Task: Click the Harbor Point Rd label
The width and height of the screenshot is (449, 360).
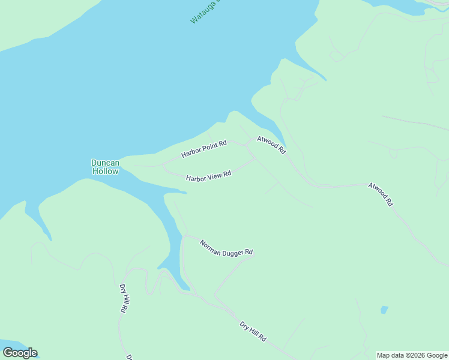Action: pos(204,149)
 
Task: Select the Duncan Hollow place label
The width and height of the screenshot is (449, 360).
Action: pos(105,167)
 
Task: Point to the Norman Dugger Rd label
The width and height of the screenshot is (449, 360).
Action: pos(226,248)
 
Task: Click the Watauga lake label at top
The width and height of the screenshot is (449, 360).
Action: pos(204,11)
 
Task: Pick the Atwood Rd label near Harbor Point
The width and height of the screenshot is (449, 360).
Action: pos(271,145)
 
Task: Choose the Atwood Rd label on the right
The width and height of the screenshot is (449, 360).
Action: pos(381,194)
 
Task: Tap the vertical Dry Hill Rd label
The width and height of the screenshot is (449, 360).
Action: pos(124,299)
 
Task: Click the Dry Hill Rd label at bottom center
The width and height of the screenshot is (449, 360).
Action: pos(253,331)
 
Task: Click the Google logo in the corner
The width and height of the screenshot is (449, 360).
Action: pos(20,353)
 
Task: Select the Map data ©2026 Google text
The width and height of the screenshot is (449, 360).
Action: pos(412,355)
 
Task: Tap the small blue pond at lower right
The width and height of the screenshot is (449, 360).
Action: pos(384,310)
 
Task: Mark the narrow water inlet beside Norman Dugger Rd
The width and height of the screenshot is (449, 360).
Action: pos(172,252)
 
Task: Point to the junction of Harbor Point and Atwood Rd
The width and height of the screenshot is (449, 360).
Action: pos(248,144)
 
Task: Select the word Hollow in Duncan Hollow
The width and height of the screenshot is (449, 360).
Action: pos(105,171)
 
